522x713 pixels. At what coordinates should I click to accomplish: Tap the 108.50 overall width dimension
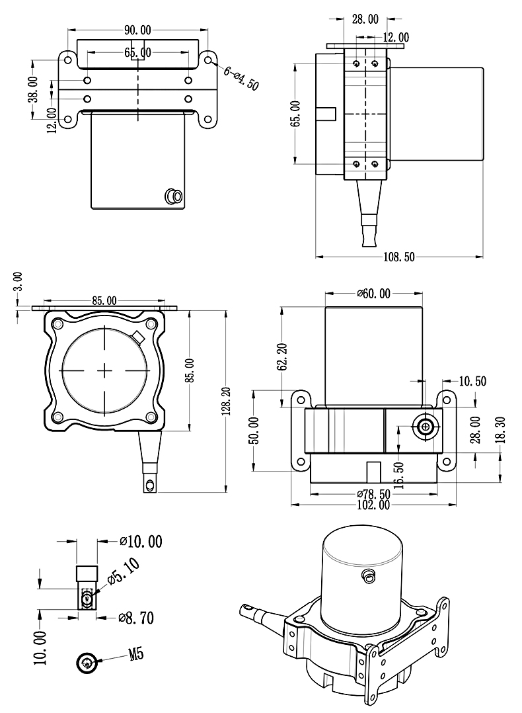click(x=399, y=257)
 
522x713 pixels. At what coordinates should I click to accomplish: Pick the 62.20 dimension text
click(x=283, y=355)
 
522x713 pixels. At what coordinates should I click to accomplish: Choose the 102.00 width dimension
click(x=373, y=506)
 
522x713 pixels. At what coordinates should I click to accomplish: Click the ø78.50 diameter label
click(x=373, y=494)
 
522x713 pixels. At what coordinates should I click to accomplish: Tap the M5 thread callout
click(x=135, y=655)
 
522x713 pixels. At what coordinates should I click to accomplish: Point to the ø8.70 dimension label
click(x=136, y=618)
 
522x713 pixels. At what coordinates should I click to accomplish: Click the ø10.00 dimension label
click(x=141, y=542)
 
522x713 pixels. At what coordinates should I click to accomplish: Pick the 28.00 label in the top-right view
click(x=365, y=19)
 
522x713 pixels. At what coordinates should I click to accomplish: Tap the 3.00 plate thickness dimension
click(x=18, y=281)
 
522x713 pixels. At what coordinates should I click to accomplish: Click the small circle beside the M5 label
click(x=87, y=662)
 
